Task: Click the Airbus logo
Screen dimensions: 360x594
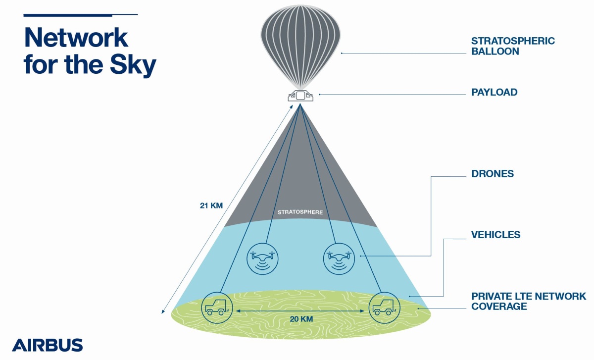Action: [48, 345]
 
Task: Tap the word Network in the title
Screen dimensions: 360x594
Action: [76, 38]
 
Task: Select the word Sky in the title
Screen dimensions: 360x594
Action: [132, 65]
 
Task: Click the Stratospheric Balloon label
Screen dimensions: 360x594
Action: [512, 46]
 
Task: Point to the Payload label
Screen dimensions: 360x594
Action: [494, 92]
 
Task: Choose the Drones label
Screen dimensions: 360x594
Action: [492, 174]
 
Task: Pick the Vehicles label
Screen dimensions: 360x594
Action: [495, 235]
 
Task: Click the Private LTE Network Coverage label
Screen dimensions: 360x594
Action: [528, 301]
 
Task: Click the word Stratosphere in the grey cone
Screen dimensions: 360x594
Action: [300, 212]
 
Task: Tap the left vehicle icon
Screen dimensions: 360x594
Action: [217, 307]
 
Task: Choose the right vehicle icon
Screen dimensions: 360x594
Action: [384, 307]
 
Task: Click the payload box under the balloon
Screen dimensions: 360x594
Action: [300, 95]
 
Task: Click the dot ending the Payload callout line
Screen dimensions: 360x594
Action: [320, 94]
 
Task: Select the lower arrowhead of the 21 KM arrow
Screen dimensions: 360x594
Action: [163, 311]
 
